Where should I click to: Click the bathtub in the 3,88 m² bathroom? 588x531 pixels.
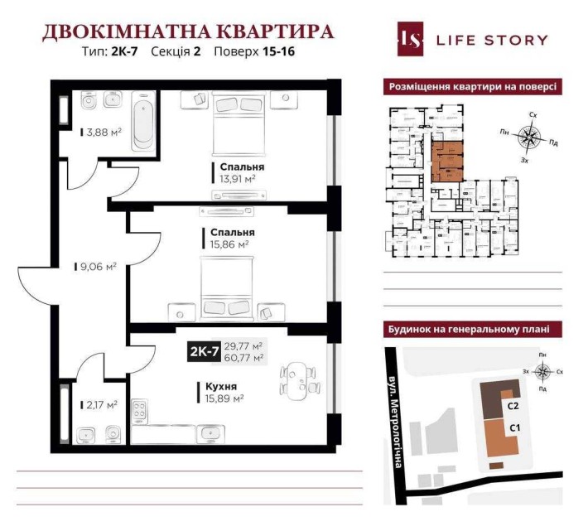(142, 122)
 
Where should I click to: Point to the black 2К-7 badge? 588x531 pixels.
(204, 352)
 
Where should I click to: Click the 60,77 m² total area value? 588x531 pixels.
(244, 359)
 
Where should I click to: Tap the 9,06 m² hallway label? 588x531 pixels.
(98, 267)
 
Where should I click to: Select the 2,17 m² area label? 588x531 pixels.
(101, 404)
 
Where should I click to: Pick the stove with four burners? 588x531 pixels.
(139, 412)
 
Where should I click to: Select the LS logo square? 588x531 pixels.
(409, 39)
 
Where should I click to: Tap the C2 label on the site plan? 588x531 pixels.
(513, 406)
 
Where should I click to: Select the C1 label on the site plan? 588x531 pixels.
(513, 428)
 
